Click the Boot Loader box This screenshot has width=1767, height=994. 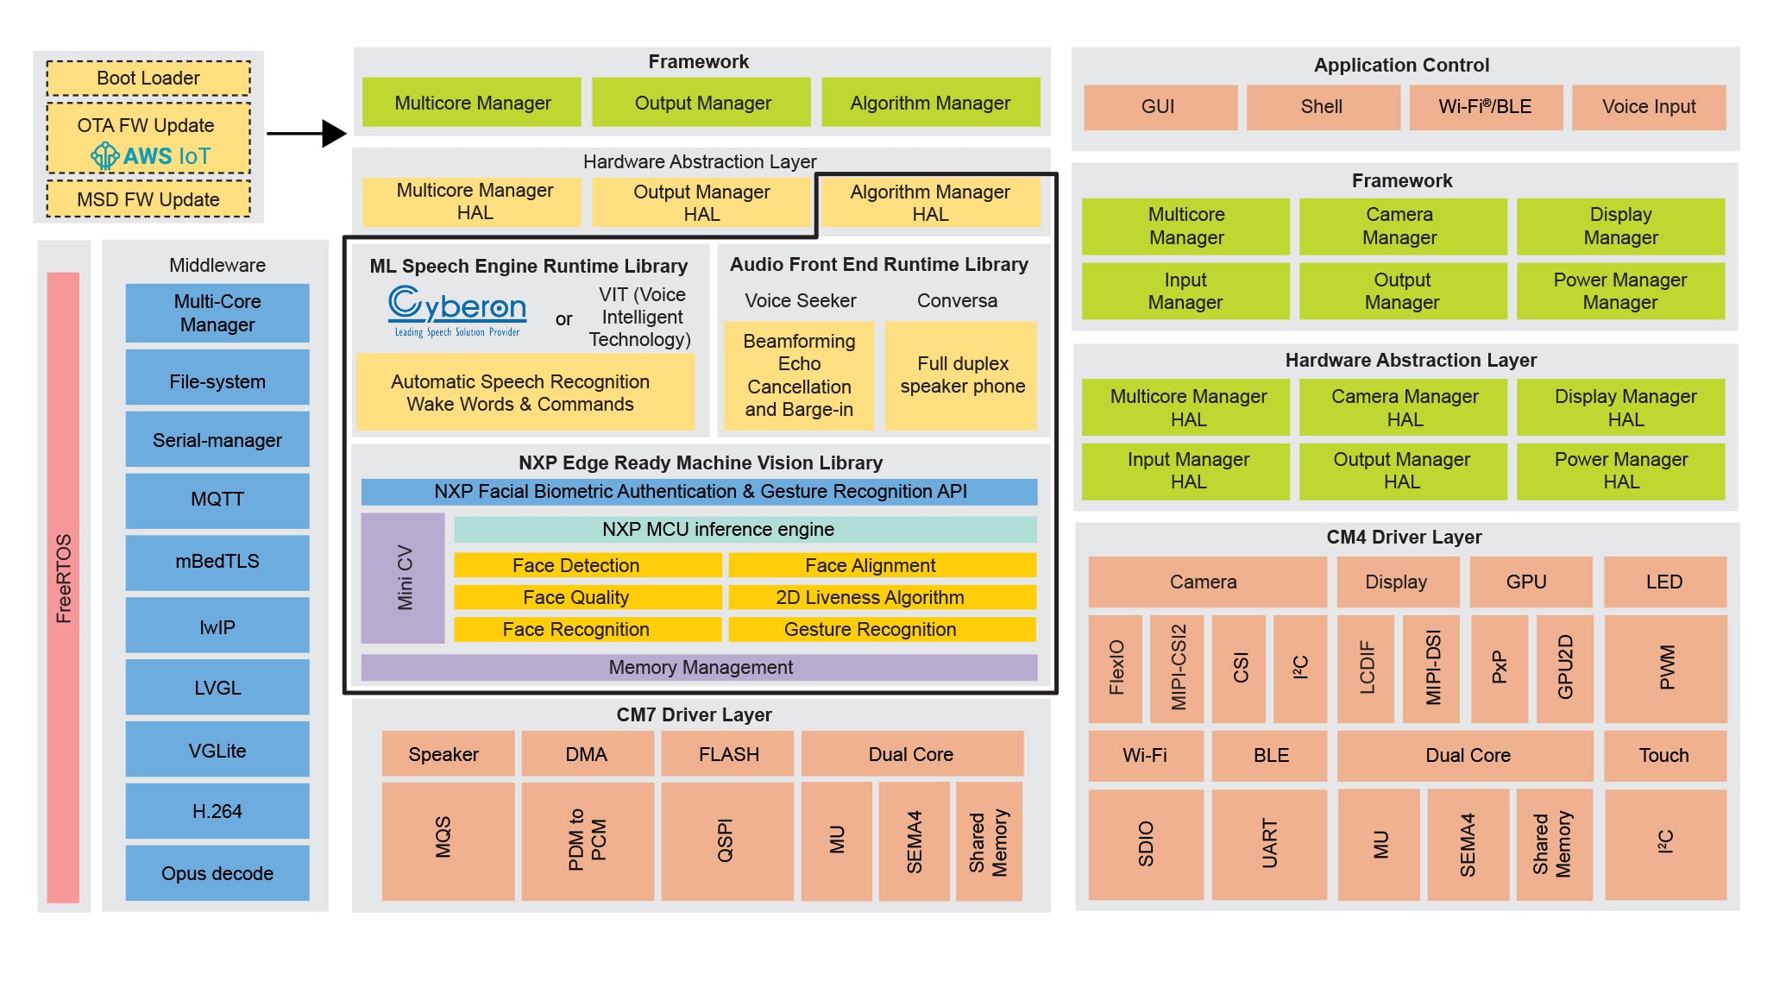pos(148,79)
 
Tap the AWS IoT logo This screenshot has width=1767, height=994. pos(150,156)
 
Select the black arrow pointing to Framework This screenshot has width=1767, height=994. pos(306,133)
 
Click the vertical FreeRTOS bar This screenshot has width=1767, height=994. pos(63,587)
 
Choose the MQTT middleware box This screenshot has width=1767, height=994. pos(217,500)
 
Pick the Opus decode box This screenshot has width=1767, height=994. pos(217,873)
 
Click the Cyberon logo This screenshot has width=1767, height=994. pos(457,311)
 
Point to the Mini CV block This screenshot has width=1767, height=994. pos(403,578)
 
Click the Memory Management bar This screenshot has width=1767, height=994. pos(699,667)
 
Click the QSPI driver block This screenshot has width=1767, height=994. pos(726,841)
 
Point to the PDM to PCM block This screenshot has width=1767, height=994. pos(588,841)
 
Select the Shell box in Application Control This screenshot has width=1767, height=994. pos(1323,107)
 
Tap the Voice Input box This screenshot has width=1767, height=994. pos(1649,107)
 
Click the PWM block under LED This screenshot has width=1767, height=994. pos(1665,669)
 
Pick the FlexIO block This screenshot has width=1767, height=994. pos(1116,669)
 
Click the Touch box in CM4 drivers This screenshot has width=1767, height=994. pos(1664,756)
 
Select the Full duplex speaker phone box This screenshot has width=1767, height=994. pos(961,375)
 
